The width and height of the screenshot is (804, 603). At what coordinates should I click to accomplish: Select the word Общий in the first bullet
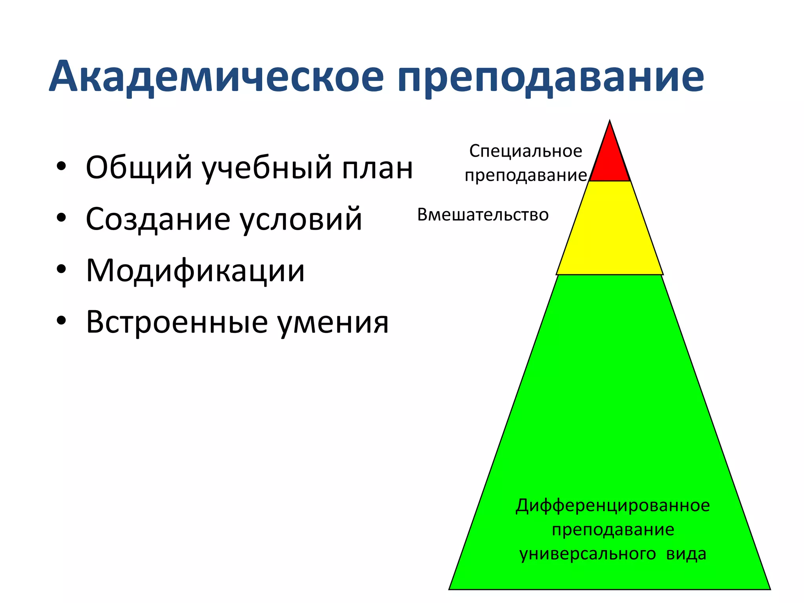[139, 168]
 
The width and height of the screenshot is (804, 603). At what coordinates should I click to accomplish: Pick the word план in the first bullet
[377, 168]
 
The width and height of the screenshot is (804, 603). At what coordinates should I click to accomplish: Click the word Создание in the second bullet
[158, 219]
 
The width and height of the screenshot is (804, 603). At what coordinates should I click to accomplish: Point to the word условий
[301, 219]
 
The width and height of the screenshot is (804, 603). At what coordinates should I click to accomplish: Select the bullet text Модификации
[195, 270]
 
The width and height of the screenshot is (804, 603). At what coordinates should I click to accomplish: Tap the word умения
[333, 323]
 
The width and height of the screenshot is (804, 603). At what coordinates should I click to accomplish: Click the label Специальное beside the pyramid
[526, 151]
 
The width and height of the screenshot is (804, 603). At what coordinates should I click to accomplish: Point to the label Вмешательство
[483, 215]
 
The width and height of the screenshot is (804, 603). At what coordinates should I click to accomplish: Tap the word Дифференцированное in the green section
[612, 506]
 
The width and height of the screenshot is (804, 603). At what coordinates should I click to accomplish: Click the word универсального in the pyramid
[587, 554]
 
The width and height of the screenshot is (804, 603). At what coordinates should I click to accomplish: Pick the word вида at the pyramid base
[686, 554]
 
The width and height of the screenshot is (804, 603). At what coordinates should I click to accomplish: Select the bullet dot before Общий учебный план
[61, 166]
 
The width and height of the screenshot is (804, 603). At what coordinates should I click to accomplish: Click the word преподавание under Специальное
[526, 175]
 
